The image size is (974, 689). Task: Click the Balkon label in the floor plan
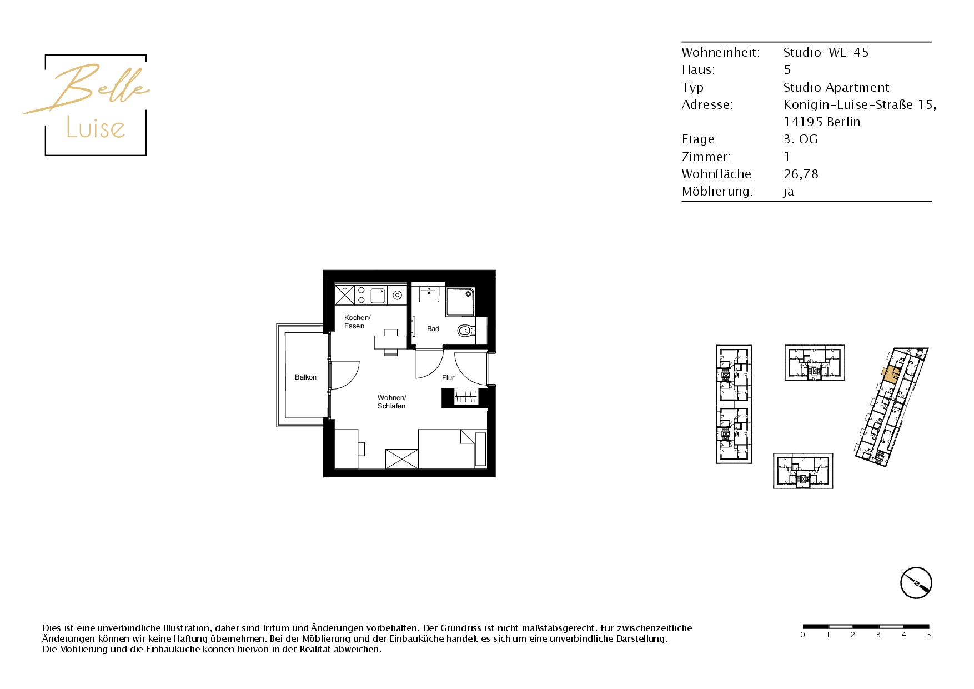pos(305,377)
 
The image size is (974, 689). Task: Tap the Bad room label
pos(433,329)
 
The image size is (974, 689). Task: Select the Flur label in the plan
pos(448,378)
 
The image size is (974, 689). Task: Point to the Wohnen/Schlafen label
pos(391,402)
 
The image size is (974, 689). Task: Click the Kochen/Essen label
pos(357,322)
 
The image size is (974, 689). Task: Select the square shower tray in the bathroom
pos(460,301)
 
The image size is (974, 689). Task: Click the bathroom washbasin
pos(429,294)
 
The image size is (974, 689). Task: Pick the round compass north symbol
pos(916,583)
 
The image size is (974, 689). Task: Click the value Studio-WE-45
pos(826,53)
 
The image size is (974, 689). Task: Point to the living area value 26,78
pos(801,174)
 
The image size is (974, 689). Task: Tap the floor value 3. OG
pos(800,139)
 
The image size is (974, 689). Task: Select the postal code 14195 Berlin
pos(822,122)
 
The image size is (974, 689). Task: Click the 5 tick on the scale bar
pos(928,635)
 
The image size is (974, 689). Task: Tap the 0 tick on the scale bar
pos(802,635)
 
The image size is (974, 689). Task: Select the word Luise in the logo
pos(96,128)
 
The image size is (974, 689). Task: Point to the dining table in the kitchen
pos(390,342)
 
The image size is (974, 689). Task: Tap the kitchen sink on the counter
pos(378,294)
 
